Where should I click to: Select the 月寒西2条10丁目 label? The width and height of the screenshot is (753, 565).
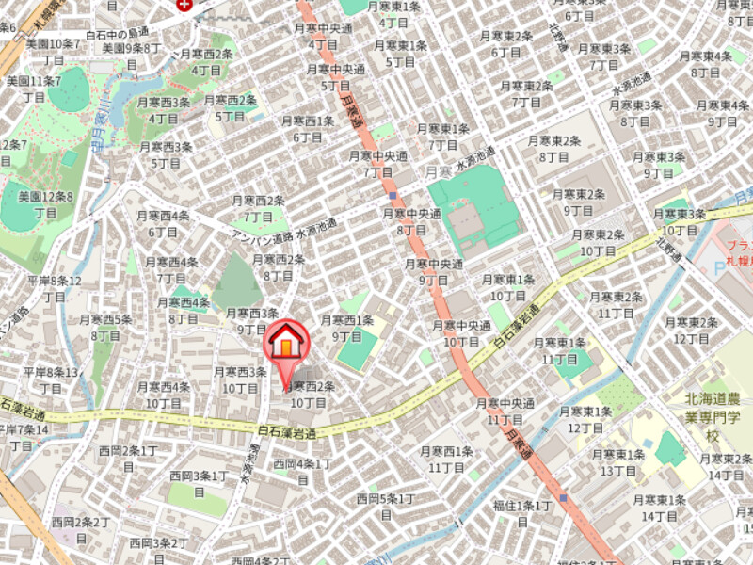pos(309,395)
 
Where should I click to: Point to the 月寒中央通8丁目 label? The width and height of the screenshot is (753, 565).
pos(411,221)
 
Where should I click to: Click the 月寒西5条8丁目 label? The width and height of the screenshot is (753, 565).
pos(105,327)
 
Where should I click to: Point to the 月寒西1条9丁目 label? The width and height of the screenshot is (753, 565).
pos(347,328)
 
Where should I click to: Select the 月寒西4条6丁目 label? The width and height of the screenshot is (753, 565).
pos(163,223)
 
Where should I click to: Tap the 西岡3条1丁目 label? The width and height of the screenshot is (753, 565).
pos(199,483)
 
